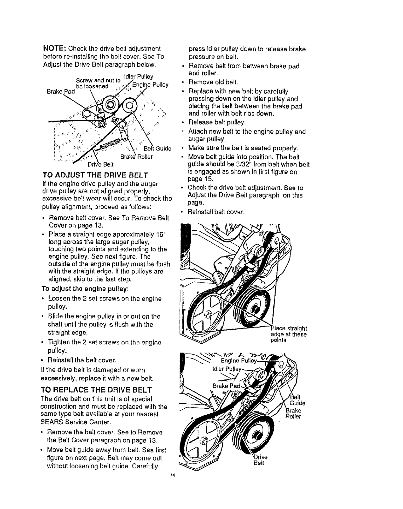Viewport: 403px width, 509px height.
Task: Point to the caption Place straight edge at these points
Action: click(x=288, y=334)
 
